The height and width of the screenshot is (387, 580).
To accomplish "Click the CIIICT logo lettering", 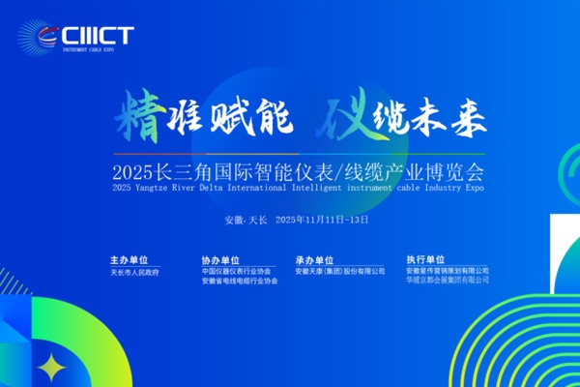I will tap(96, 34).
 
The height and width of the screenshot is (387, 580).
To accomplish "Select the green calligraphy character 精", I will tap(139, 116).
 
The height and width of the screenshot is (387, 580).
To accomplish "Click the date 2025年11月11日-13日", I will tap(322, 220).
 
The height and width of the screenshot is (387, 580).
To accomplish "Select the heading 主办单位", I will tap(129, 260).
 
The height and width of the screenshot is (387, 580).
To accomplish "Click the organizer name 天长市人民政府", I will tap(135, 273).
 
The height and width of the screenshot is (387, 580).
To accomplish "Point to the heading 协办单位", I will tap(220, 260).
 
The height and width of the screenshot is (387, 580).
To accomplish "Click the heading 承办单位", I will tap(314, 260).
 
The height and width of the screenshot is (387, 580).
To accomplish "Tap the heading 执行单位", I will tap(425, 260).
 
